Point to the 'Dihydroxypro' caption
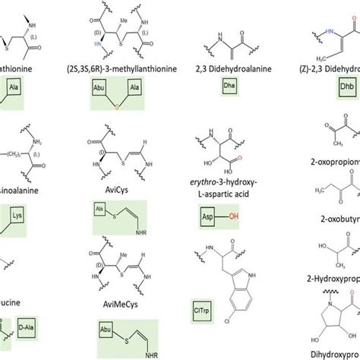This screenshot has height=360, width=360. click(327, 354)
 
